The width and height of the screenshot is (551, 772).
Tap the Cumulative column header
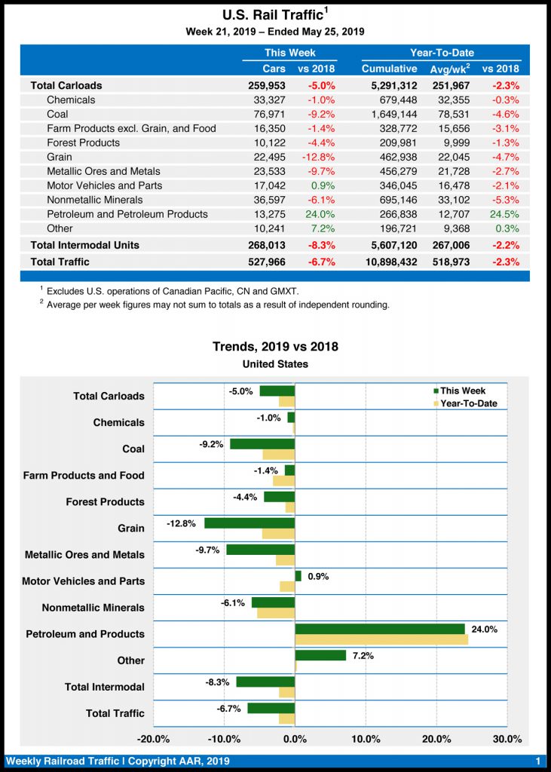pos(389,69)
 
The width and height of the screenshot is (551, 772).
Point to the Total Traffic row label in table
pos(60,262)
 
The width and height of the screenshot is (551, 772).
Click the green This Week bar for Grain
pos(249,523)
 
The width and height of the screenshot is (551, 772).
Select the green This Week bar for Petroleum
pos(380,629)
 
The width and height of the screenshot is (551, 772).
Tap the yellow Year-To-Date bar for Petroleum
pos(381,639)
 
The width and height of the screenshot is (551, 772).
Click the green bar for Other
pos(320,655)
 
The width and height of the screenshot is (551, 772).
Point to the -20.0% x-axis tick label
pos(154,738)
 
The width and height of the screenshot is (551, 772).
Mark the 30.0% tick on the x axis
pos(507,738)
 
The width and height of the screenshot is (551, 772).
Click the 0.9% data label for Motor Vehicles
pos(318,577)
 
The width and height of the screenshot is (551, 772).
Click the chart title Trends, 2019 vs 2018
pos(275,347)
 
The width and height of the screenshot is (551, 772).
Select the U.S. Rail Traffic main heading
pos(275,15)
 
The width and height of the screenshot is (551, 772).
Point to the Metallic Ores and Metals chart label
pos(84,555)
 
